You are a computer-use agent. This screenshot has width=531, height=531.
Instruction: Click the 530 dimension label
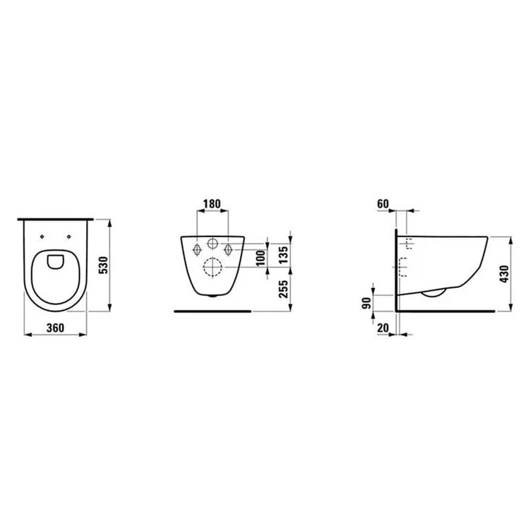click(x=104, y=265)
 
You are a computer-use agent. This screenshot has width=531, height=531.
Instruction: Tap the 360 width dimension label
click(x=55, y=328)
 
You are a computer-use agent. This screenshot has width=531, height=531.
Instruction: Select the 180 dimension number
click(x=212, y=204)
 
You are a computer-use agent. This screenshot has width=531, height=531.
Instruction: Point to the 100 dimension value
click(x=261, y=258)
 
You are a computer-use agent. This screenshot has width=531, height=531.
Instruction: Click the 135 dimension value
click(x=283, y=255)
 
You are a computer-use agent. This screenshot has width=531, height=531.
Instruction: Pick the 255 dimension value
click(x=283, y=289)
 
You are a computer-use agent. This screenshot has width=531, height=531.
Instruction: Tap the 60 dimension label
click(x=383, y=204)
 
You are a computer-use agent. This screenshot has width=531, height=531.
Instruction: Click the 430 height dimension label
click(x=504, y=274)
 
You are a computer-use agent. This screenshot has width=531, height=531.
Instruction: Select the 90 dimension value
click(x=366, y=303)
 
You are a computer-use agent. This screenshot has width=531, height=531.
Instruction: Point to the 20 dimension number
click(x=383, y=328)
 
